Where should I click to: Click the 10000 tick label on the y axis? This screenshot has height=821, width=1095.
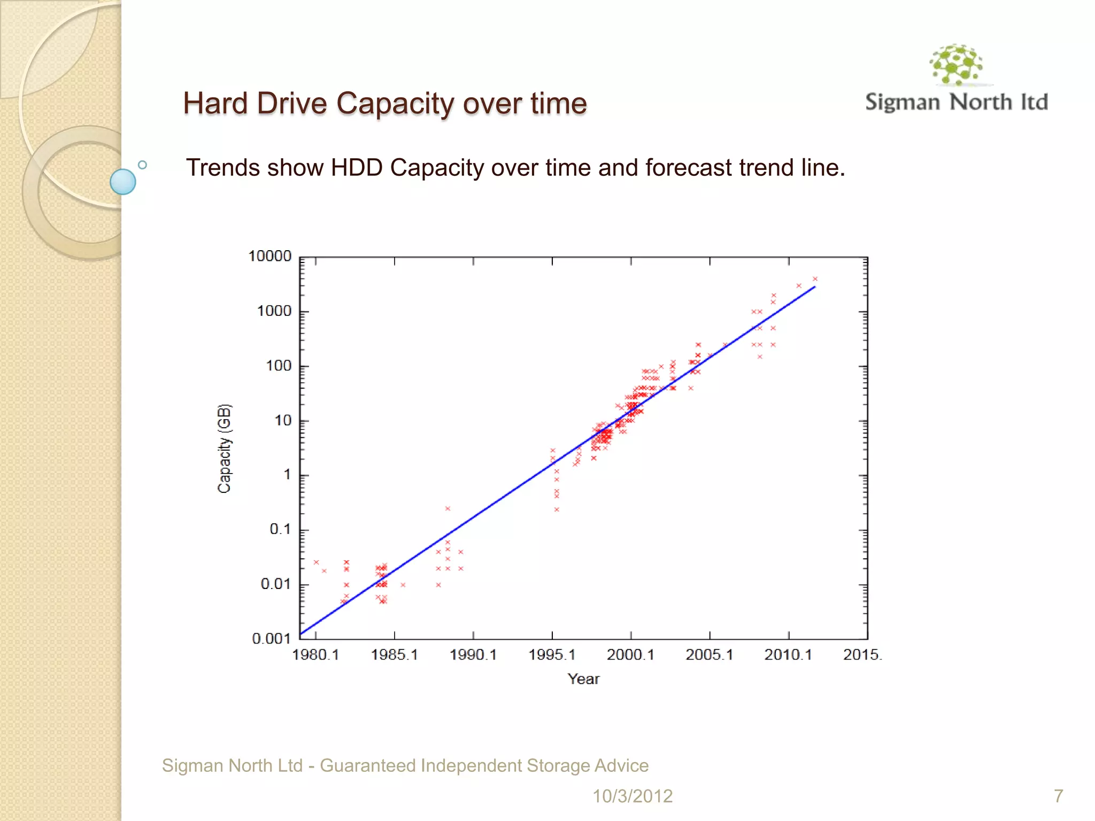point(270,257)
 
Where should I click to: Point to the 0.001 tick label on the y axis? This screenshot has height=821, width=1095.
point(271,639)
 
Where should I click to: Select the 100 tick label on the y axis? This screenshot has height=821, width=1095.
point(279,366)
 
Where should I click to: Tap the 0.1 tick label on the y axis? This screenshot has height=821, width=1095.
point(280,530)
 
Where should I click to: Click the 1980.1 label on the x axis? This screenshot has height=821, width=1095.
point(315,655)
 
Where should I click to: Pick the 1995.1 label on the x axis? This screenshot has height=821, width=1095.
point(552,655)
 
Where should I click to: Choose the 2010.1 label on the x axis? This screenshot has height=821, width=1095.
point(788,655)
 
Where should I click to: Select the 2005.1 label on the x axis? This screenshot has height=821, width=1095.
point(710,655)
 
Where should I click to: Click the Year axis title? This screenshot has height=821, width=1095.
point(583,679)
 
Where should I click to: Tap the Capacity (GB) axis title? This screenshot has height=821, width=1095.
point(225,448)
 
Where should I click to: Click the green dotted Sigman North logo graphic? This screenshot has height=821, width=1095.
point(956,65)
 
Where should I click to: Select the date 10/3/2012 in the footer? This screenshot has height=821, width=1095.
point(632,796)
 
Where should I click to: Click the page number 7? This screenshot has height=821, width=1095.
point(1058,796)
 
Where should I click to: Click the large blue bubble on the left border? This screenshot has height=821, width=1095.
point(123,182)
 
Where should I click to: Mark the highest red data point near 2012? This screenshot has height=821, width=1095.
point(815,279)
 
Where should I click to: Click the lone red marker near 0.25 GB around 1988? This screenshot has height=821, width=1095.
point(448,508)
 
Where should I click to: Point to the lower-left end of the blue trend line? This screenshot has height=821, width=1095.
point(302,634)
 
